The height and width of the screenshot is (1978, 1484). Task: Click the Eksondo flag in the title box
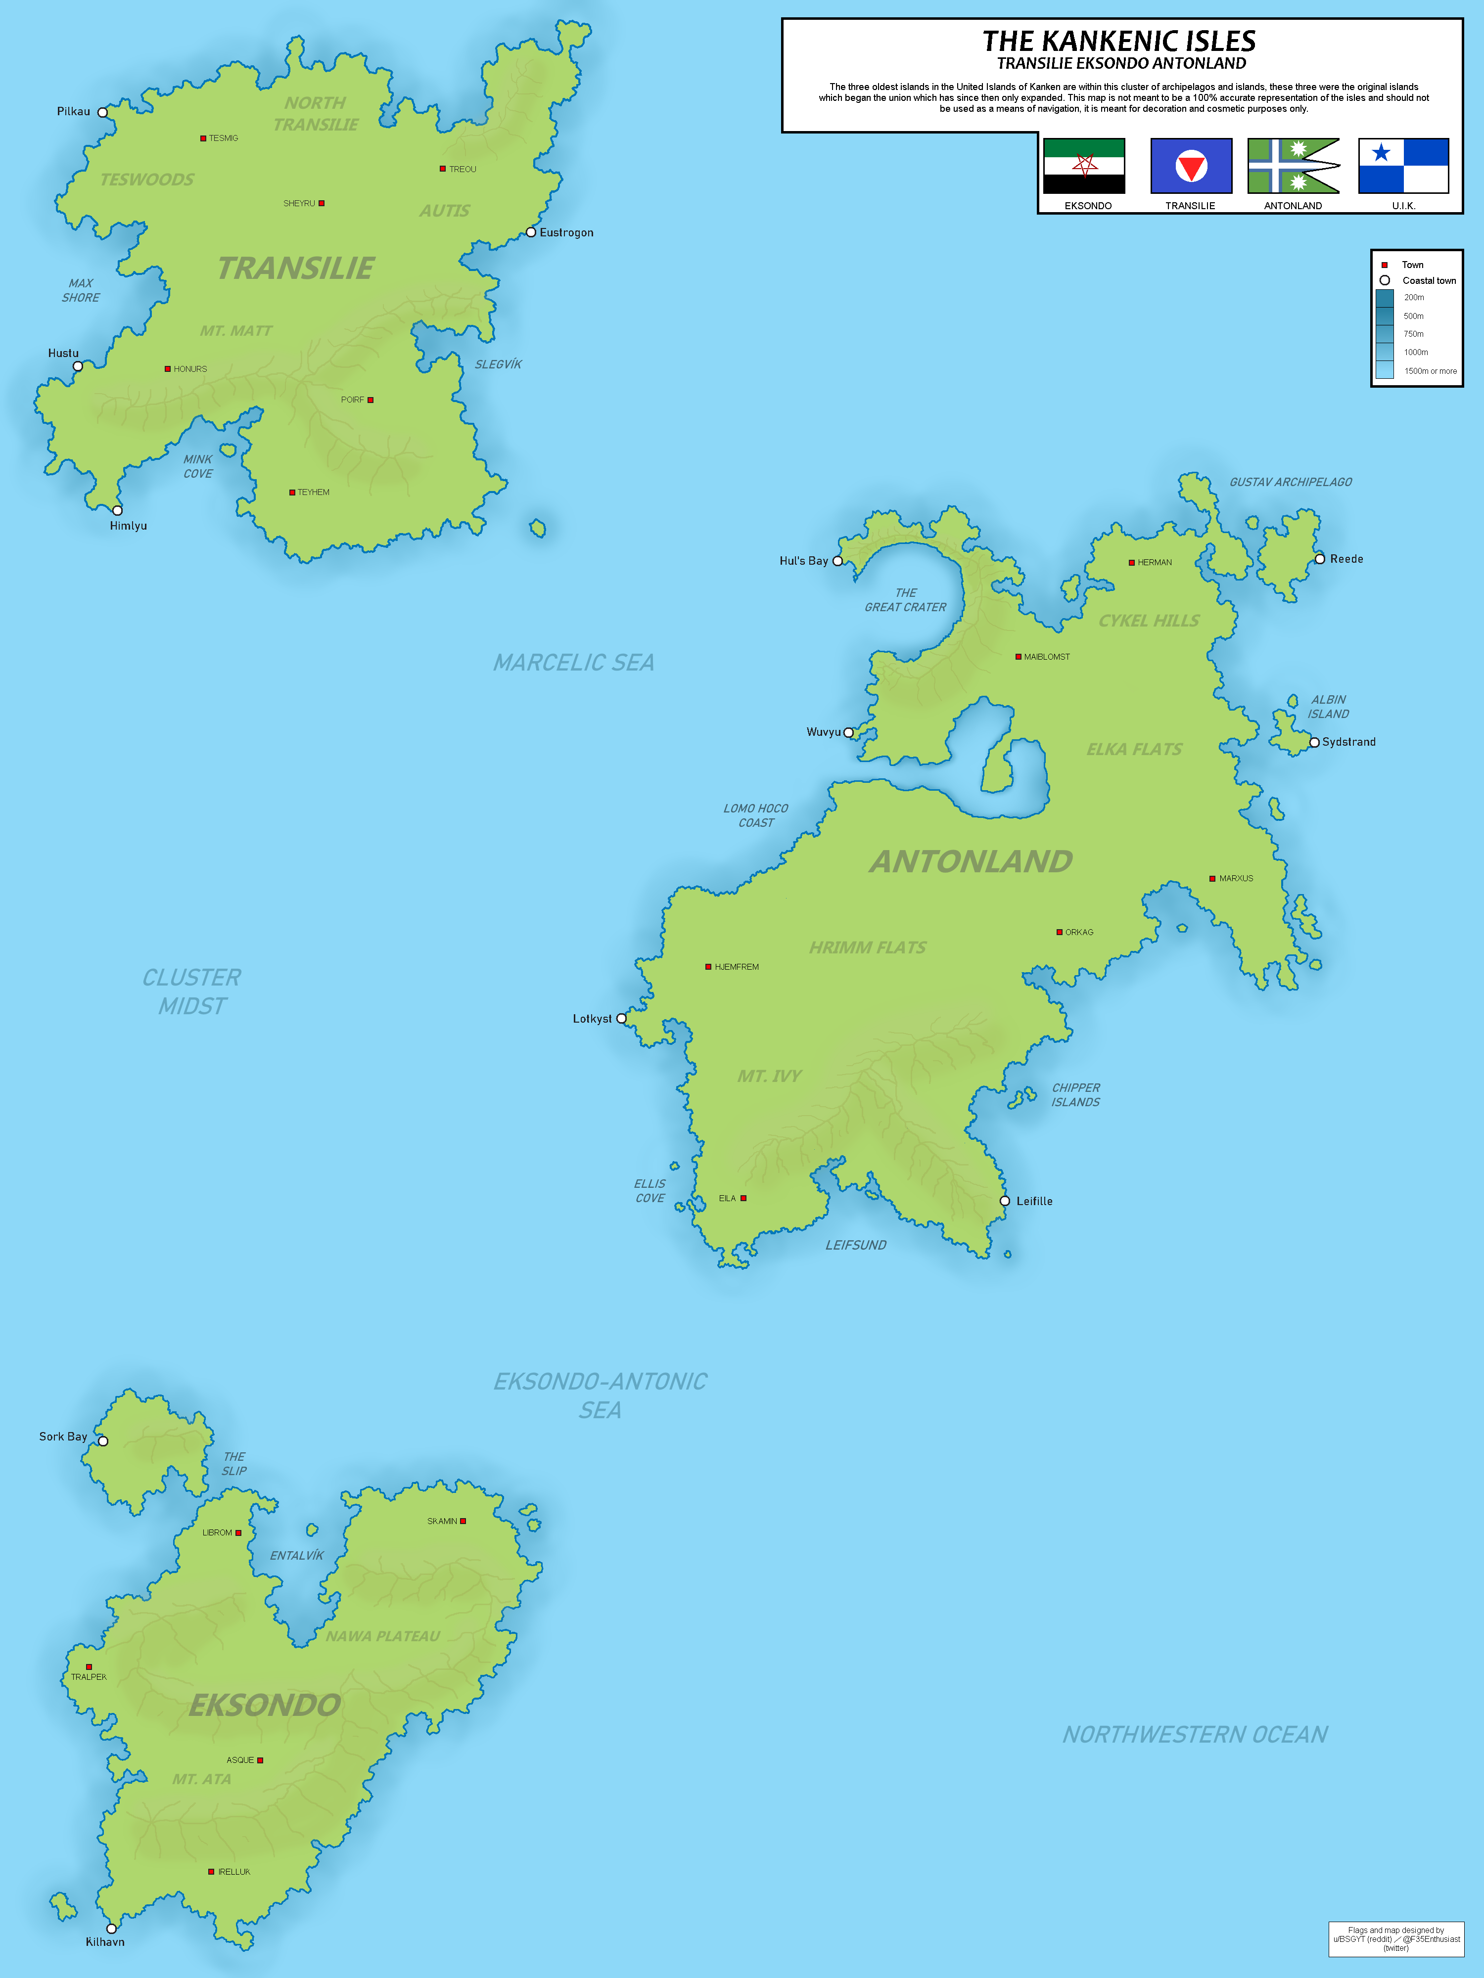click(1083, 166)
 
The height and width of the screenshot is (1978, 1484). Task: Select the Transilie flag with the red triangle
click(1191, 166)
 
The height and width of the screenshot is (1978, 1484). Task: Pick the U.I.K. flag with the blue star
click(1402, 166)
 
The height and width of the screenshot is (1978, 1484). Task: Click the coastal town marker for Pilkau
click(103, 113)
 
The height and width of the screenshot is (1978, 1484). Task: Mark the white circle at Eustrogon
click(530, 232)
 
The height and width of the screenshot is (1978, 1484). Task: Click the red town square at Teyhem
click(292, 493)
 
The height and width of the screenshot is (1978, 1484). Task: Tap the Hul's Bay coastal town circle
click(837, 562)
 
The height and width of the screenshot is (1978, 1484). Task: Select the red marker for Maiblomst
click(1018, 657)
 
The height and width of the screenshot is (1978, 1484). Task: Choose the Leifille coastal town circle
click(1005, 1201)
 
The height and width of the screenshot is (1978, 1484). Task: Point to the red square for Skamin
click(464, 1521)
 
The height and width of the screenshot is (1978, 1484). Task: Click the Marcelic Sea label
click(573, 663)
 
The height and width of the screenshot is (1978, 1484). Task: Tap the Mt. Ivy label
click(769, 1076)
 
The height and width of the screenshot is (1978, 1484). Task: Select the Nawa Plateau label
click(383, 1636)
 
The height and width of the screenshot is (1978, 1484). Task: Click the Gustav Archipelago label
click(1290, 482)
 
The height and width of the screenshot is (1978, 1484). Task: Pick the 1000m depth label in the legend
click(1415, 352)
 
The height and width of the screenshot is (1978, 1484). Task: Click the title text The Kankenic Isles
click(1119, 41)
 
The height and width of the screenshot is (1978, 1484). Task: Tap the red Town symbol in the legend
click(1384, 265)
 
